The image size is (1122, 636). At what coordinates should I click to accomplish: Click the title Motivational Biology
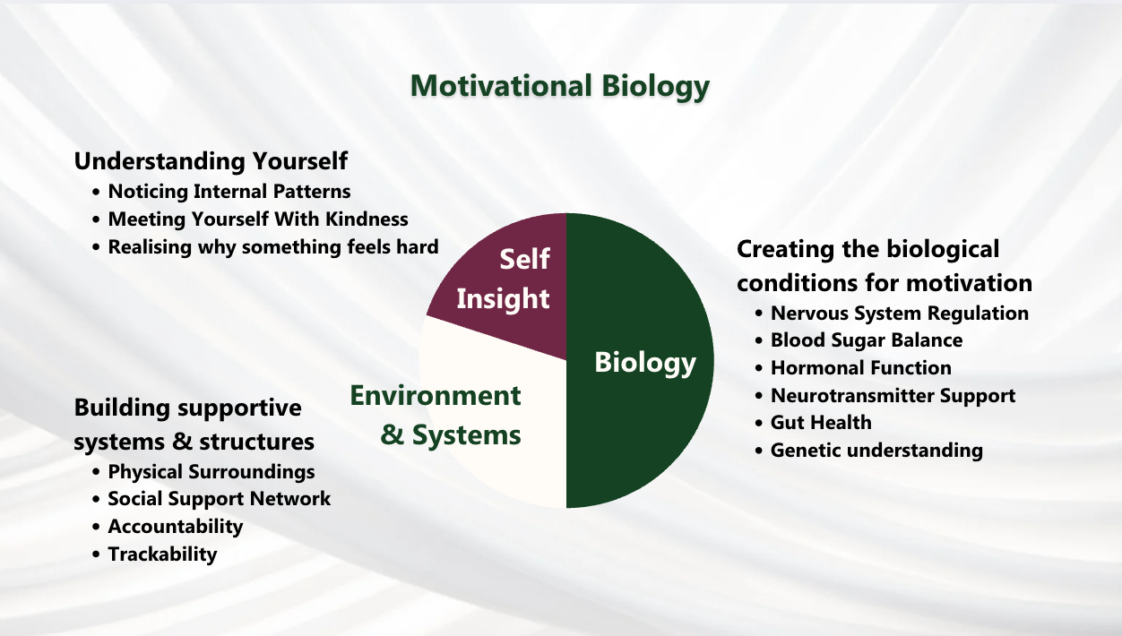pyautogui.click(x=559, y=86)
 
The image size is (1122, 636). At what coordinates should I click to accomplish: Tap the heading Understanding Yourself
pyautogui.click(x=211, y=161)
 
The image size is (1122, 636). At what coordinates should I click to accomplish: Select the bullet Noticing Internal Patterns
pyautogui.click(x=229, y=192)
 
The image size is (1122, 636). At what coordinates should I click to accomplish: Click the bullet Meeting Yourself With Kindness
pyautogui.click(x=258, y=219)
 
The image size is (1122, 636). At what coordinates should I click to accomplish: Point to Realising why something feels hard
pyautogui.click(x=273, y=247)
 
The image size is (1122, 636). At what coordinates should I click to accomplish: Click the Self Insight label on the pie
pyautogui.click(x=503, y=279)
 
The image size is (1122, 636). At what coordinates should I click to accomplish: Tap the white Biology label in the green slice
pyautogui.click(x=645, y=363)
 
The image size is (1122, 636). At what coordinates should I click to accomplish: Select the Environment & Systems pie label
pyautogui.click(x=436, y=415)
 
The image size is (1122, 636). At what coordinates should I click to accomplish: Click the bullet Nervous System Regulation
pyautogui.click(x=900, y=313)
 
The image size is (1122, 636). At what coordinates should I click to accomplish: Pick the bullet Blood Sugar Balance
pyautogui.click(x=867, y=340)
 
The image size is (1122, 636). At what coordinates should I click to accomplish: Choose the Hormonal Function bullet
pyautogui.click(x=861, y=368)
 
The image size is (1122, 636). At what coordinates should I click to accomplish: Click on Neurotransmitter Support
pyautogui.click(x=893, y=396)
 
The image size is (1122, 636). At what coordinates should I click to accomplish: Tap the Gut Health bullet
pyautogui.click(x=821, y=423)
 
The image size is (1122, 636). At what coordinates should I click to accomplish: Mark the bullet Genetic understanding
pyautogui.click(x=876, y=451)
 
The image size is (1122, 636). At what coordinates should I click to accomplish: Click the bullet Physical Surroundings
pyautogui.click(x=211, y=472)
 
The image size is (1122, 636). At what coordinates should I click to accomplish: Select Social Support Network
pyautogui.click(x=220, y=499)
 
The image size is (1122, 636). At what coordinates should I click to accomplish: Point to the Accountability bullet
pyautogui.click(x=176, y=527)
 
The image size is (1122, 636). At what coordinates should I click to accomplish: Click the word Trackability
pyautogui.click(x=162, y=554)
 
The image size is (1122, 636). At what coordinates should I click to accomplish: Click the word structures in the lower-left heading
pyautogui.click(x=256, y=443)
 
